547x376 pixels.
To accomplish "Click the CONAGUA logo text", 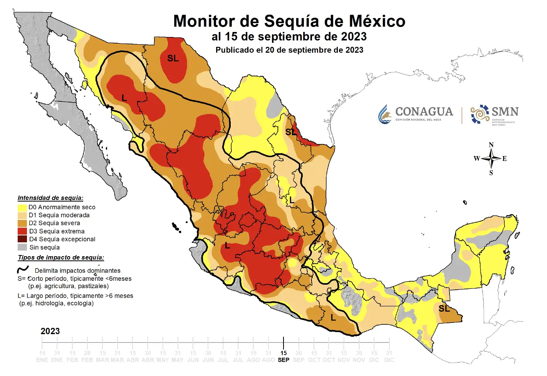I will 424,112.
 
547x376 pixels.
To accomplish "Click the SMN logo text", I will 505,112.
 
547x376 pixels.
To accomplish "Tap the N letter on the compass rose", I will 491,145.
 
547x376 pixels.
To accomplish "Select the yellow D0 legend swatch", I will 22,207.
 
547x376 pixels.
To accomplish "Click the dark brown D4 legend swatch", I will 22,239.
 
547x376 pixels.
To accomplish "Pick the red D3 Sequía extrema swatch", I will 22,231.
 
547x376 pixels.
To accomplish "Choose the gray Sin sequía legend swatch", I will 22,247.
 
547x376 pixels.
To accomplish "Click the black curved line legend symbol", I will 23,270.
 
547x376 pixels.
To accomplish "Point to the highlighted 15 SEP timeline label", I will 284,356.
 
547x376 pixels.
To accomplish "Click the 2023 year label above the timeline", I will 50,331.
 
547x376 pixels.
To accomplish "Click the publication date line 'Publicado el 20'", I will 289,50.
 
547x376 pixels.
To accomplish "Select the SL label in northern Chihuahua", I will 173,58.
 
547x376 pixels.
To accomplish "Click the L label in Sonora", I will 124,98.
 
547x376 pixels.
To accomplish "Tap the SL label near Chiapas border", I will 444,309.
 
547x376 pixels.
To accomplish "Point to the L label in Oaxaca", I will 333,318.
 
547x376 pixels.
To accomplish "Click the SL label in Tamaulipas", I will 291,132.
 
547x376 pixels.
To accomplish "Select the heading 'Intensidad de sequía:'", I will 50,198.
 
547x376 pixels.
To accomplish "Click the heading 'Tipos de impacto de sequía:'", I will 61,258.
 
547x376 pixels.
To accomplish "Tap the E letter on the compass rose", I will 505,159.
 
